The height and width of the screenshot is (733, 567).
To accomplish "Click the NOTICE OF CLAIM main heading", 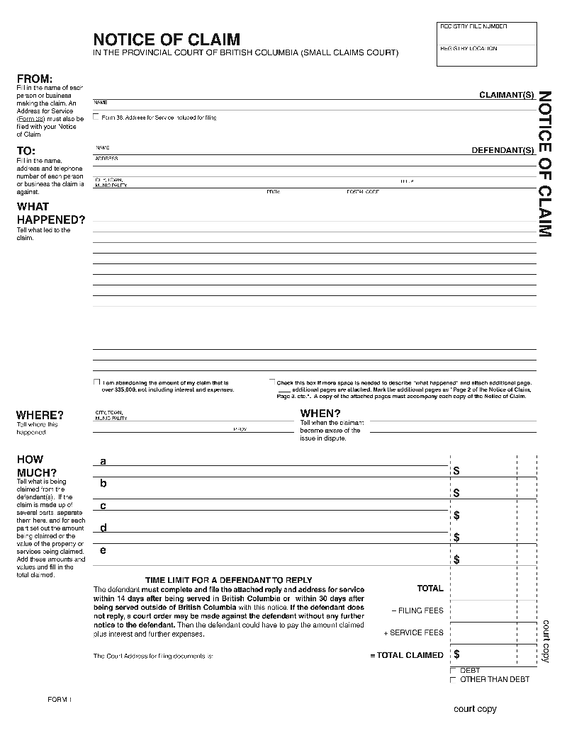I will coord(167,40).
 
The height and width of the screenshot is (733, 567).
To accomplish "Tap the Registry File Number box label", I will coord(473,26).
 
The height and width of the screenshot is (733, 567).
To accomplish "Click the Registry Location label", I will coord(468,48).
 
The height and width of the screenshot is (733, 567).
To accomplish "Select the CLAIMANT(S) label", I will coord(506,94).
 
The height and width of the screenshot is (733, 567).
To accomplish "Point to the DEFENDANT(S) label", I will coord(503,150).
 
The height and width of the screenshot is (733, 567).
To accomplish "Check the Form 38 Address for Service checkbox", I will coord(96,117).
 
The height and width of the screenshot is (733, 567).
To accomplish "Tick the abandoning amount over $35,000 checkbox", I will coord(96,382).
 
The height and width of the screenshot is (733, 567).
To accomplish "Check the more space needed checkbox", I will coord(271,382).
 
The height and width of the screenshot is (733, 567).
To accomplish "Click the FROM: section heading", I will coord(35,79).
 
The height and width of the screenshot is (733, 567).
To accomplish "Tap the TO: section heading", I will coord(26,151).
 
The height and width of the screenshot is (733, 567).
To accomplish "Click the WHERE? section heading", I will coord(40,415).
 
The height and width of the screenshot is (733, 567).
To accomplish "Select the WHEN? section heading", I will coord(320,414).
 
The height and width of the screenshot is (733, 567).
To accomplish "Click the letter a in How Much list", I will coord(103,461).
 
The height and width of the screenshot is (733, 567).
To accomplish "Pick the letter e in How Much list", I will coord(103,550).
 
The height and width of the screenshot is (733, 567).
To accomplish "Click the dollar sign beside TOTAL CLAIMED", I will coord(457,654).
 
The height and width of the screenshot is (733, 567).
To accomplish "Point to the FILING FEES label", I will coord(417,610).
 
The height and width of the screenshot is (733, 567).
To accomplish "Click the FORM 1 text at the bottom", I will coord(60,700).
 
